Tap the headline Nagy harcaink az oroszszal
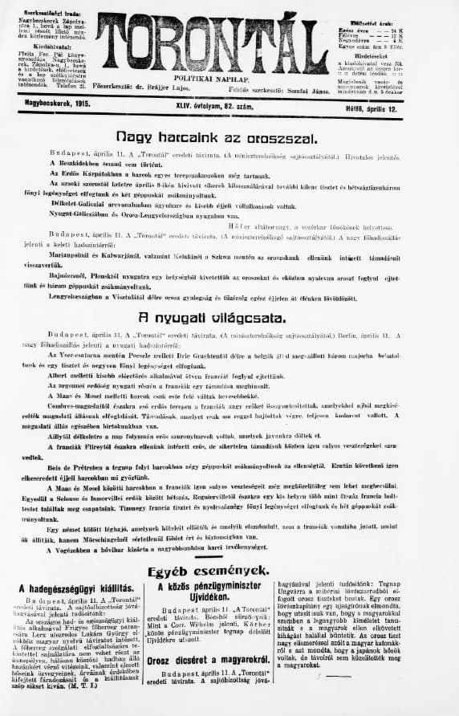pyautogui.click(x=217, y=137)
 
